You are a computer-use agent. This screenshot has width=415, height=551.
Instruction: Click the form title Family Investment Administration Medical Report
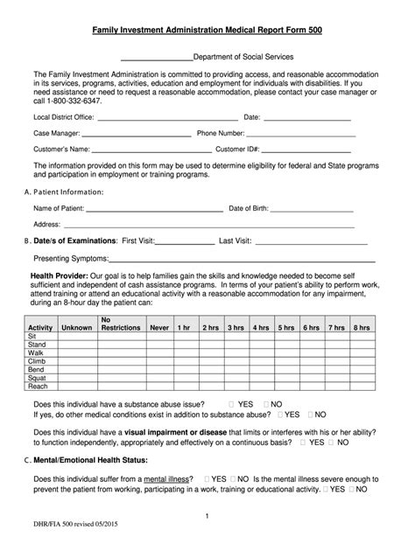point(207,31)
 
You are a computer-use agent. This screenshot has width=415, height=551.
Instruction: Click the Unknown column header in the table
point(76,327)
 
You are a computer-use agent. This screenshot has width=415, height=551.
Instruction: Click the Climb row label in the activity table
point(37,360)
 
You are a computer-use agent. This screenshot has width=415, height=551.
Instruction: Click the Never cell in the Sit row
point(158,336)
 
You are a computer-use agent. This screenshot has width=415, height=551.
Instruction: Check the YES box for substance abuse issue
point(231,404)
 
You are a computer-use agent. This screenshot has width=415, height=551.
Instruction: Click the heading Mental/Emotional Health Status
point(97,460)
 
